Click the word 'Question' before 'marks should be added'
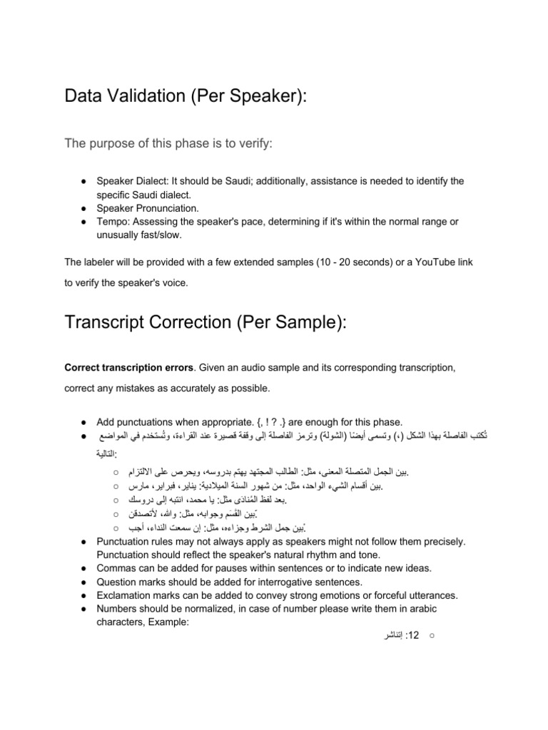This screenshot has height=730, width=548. pyautogui.click(x=117, y=581)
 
